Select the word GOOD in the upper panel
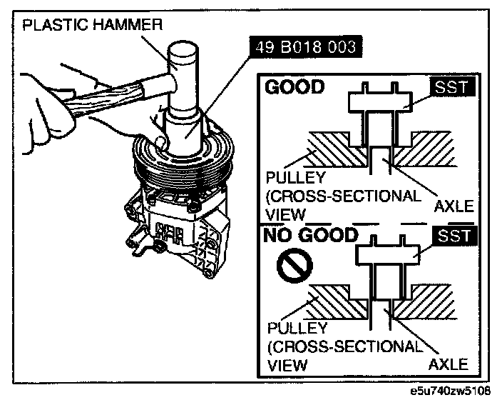294,87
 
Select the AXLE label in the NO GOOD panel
449,364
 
